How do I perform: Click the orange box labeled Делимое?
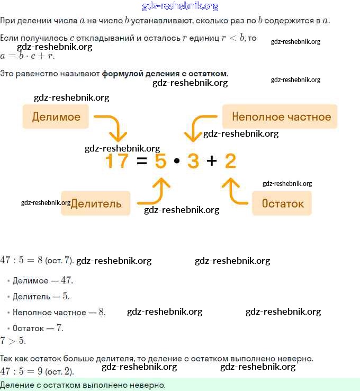pyautogui.click(x=56, y=117)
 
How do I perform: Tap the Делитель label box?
pyautogui.click(x=96, y=203)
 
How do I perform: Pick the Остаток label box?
pyautogui.click(x=282, y=203)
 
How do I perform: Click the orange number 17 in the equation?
pyautogui.click(x=117, y=161)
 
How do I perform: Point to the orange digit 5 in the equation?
pyautogui.click(x=160, y=161)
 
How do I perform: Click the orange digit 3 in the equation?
pyautogui.click(x=193, y=161)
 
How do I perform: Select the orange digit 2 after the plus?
pyautogui.click(x=230, y=161)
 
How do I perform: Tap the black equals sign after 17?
pyautogui.click(x=141, y=161)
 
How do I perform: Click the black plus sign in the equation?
pyautogui.click(x=212, y=161)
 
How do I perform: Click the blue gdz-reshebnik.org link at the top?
pyautogui.click(x=180, y=6)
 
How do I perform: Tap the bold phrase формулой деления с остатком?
pyautogui.click(x=165, y=73)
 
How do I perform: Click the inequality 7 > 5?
pyautogui.click(x=13, y=341)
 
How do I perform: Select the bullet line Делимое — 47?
pyautogui.click(x=42, y=280)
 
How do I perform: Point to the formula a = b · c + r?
pyautogui.click(x=27, y=56)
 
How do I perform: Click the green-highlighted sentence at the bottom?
pyautogui.click(x=83, y=385)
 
